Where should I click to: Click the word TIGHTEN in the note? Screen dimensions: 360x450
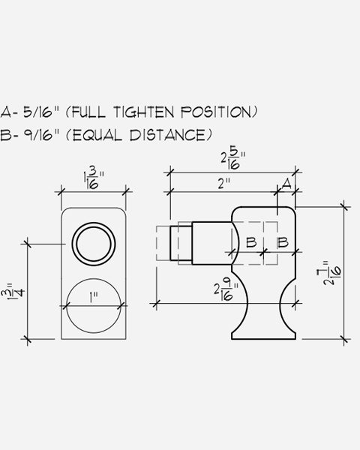point(144,112)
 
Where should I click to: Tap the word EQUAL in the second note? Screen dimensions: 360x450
point(97,135)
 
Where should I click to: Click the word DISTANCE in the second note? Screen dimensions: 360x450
point(167,135)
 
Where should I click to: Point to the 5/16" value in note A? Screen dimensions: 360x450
point(41,112)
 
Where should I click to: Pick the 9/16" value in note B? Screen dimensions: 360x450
point(41,134)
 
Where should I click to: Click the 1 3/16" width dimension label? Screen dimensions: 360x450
point(94,180)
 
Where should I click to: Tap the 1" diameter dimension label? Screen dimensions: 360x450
point(93,297)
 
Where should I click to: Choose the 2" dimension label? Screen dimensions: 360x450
point(224,184)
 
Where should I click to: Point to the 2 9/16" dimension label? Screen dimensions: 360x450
point(226,290)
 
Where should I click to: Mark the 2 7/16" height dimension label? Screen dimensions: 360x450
point(332,273)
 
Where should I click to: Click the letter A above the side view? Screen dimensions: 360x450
point(286,184)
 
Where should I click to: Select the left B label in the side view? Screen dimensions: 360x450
point(251,242)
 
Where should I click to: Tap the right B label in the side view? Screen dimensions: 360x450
point(283,242)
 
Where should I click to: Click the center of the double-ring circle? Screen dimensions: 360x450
point(94,244)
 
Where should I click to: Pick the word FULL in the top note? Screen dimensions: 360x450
point(88,112)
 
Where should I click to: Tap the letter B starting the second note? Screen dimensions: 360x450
point(5,134)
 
